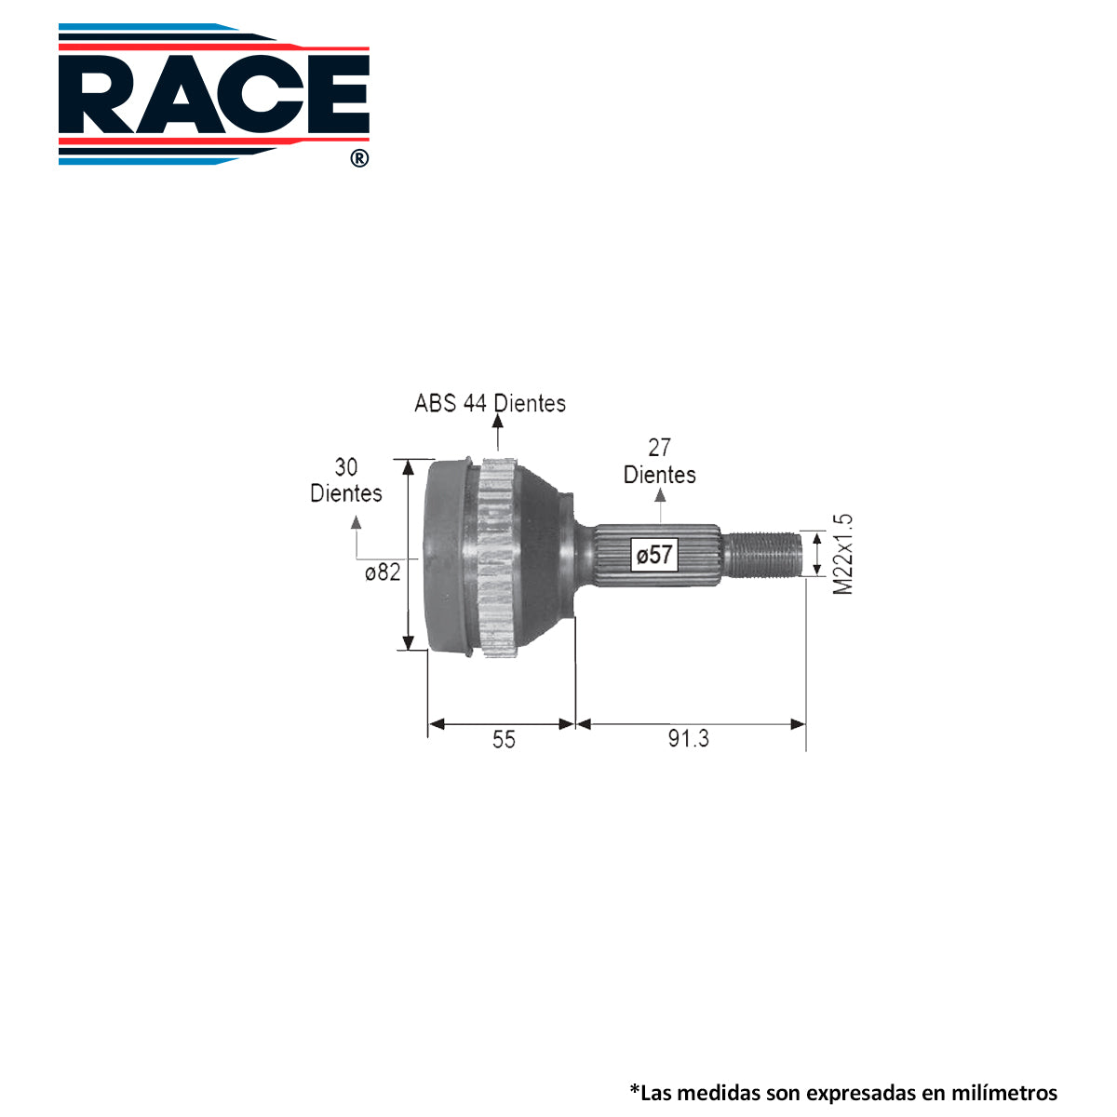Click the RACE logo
pos(214,94)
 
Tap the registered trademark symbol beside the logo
pos(359,158)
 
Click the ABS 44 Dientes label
pos(490,403)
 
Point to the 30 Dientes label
pos(346,480)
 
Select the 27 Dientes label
pos(659,462)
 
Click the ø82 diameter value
pos(383,572)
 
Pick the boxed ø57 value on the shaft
pos(653,555)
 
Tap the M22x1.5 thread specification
pos(842,554)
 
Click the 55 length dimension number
pos(504,740)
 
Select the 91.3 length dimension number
pos(688,738)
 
